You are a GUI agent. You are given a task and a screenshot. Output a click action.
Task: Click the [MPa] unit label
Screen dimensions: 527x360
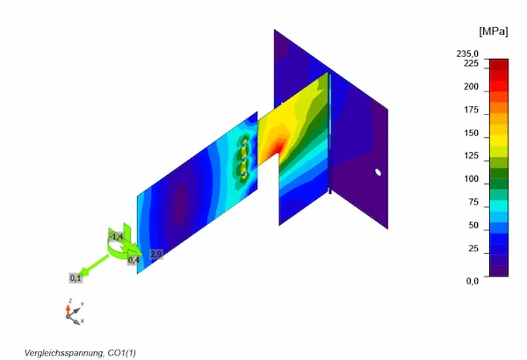point(494,32)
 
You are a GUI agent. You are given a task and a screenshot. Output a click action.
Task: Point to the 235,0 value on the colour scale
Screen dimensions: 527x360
point(467,54)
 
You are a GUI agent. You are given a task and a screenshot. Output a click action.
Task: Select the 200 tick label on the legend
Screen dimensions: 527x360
point(471,87)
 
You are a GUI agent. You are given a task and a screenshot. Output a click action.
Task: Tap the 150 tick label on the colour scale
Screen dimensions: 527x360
point(471,133)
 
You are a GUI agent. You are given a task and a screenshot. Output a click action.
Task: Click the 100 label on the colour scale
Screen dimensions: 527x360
point(471,179)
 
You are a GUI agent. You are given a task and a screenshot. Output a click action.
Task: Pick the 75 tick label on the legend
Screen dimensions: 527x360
point(473,202)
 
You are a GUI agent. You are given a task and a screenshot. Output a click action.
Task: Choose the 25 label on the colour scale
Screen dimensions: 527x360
point(473,248)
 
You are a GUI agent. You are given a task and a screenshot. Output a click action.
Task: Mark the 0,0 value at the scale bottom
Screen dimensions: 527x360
point(473,281)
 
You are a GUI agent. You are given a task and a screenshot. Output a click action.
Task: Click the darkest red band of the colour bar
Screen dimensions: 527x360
point(499,65)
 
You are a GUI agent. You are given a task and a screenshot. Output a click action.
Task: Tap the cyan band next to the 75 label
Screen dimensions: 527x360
point(499,205)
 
